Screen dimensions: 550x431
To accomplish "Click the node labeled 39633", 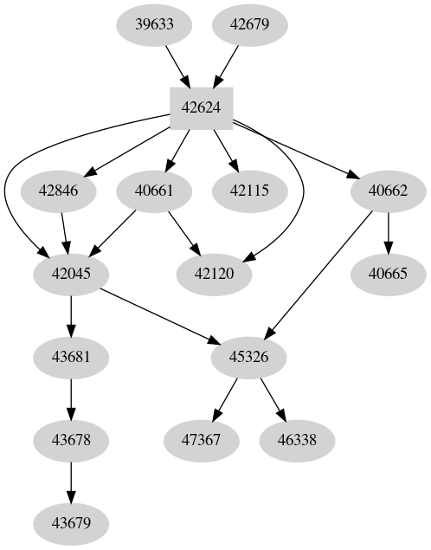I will [155, 24].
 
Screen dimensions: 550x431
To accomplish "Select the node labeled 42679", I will [250, 24].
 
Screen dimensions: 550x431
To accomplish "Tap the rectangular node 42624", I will [203, 107].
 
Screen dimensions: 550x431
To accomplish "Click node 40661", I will [155, 191].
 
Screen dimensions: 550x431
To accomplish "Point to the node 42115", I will [250, 191].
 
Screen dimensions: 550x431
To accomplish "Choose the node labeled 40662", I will [388, 191].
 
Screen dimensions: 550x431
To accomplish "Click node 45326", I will [249, 357].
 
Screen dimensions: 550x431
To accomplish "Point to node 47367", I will [202, 440].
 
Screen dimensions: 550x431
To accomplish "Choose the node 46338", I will [297, 440].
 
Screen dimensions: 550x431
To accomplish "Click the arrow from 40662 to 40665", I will [388, 232].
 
